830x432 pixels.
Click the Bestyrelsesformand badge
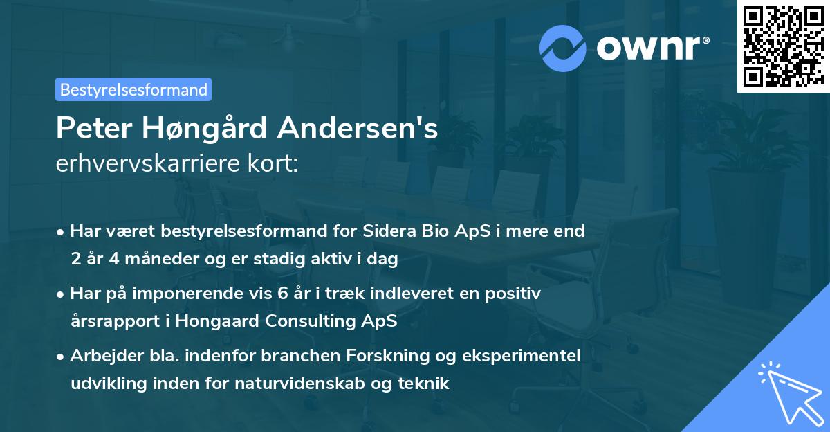pyautogui.click(x=133, y=89)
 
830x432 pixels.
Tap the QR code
pyautogui.click(x=782, y=46)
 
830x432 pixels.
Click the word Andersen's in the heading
pyautogui.click(x=362, y=129)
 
